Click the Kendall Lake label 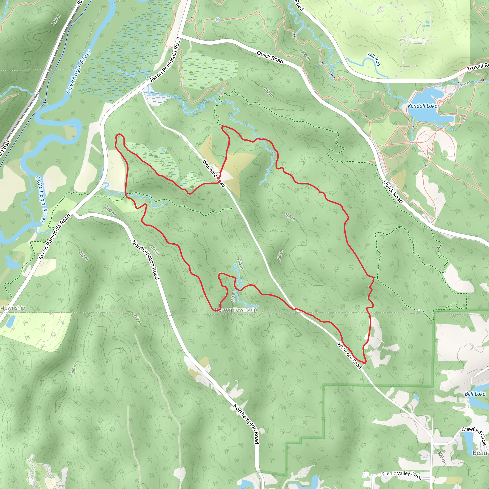click(422, 106)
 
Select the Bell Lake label click(475, 394)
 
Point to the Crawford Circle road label click(474, 436)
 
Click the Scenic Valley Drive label click(401, 475)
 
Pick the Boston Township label click(236, 310)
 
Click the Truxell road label click(477, 67)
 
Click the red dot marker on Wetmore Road click(220, 181)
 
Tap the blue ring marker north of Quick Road click(218, 20)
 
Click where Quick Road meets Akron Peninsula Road click(181, 36)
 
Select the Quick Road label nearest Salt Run click(270, 57)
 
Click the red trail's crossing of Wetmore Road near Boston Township click(295, 309)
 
